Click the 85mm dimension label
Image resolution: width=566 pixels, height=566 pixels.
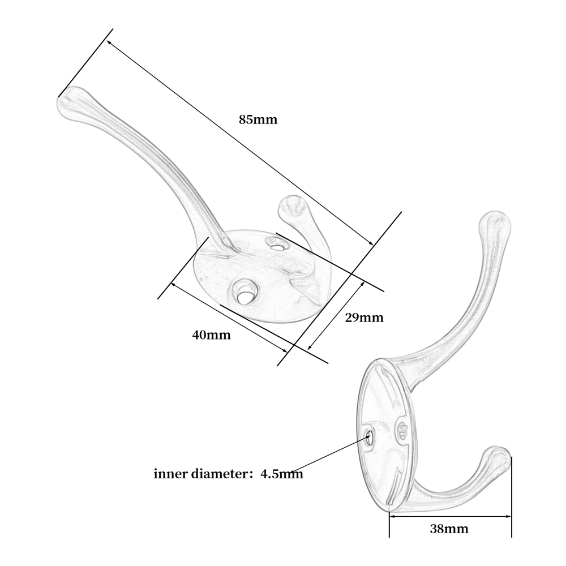[x=258, y=120]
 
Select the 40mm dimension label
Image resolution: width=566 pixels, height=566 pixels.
[x=212, y=335]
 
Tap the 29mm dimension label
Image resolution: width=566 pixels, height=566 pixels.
[x=364, y=318]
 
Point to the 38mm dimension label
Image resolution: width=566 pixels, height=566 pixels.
[x=449, y=529]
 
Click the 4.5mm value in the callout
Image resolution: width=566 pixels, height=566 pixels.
[x=281, y=474]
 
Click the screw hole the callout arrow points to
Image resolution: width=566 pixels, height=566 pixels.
[x=369, y=436]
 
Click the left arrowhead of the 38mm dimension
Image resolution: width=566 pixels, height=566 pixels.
[x=392, y=516]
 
